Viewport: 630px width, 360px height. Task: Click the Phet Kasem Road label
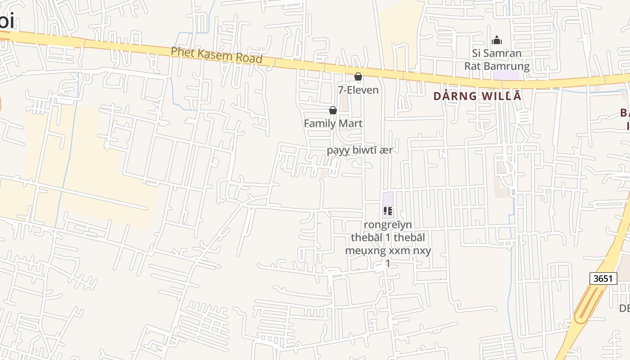click(216, 55)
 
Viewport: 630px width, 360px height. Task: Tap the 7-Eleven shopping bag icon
click(358, 77)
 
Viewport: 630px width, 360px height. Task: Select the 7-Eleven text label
click(358, 90)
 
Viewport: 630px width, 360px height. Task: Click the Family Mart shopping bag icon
click(333, 111)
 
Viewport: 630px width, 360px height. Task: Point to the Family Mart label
click(333, 123)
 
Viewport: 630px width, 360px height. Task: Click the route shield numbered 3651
click(603, 278)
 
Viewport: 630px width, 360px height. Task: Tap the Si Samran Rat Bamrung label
click(497, 60)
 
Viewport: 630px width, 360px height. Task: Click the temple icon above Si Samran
click(497, 40)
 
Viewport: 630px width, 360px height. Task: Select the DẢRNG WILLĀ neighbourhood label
click(477, 96)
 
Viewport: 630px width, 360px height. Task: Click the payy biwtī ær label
click(360, 150)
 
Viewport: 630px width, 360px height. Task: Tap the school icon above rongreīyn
click(388, 211)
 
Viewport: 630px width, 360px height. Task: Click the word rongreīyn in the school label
click(388, 224)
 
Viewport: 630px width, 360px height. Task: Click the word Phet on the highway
click(181, 52)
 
